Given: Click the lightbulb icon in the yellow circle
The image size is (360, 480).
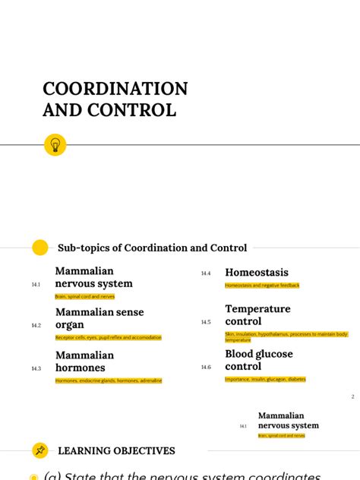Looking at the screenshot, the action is point(55,144).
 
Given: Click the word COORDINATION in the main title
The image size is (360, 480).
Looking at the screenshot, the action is point(115,89).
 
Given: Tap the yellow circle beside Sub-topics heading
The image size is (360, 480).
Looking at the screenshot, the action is point(39,248).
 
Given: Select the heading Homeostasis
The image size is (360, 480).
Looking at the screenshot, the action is point(257,273).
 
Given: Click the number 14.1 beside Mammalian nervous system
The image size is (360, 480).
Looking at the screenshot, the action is point(36,284).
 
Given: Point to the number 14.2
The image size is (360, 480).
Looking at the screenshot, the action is point(36,325).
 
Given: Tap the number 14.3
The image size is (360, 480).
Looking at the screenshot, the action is point(36,368).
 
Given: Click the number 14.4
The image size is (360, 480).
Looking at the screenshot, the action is point(206,273).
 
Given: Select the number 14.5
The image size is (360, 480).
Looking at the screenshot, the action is point(206,322).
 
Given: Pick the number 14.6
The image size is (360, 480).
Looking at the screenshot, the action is point(206,367).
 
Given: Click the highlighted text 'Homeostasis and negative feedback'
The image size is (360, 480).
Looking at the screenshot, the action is point(262,286).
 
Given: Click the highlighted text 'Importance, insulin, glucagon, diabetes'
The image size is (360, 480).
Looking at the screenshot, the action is point(265,379).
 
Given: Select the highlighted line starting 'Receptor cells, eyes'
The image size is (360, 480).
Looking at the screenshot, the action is point(108,337).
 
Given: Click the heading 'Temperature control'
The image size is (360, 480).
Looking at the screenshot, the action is point(257,315).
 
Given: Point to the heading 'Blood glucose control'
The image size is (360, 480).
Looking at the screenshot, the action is point(258,360).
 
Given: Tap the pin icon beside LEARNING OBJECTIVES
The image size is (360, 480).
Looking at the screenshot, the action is point(39,450).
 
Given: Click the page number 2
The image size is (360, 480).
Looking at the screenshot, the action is point(352,396).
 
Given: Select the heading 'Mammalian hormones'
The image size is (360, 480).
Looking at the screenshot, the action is point(84,362).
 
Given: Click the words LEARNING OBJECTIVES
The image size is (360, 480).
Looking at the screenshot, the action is point(116,451).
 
